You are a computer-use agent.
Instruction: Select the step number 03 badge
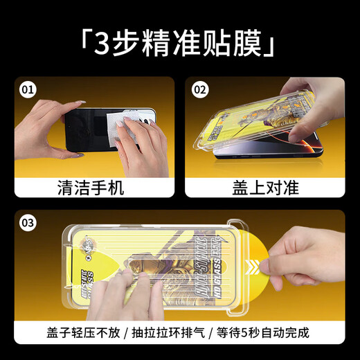[x=28, y=223]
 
